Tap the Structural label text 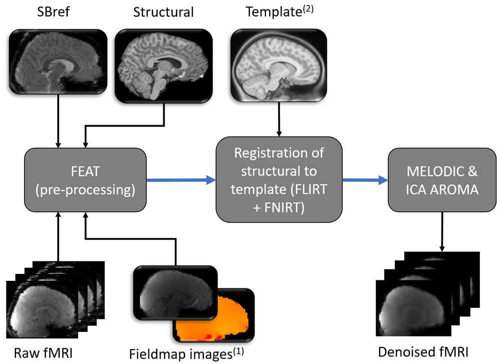pyautogui.click(x=163, y=12)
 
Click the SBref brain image pyautogui.click(x=59, y=61)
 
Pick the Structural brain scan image pyautogui.click(x=163, y=66)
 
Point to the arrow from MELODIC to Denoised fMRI pyautogui.click(x=442, y=230)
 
